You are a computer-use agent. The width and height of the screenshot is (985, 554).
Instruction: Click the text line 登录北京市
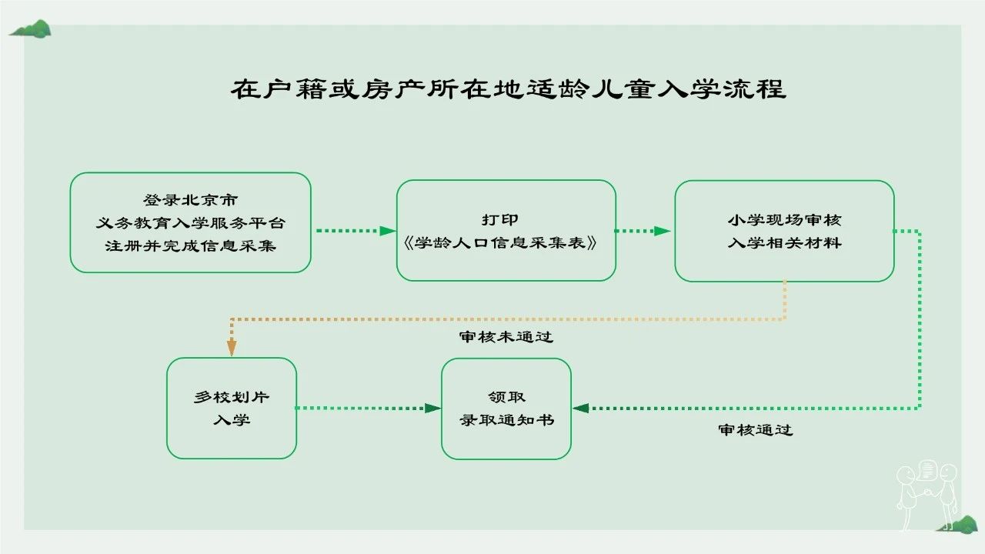[190, 201]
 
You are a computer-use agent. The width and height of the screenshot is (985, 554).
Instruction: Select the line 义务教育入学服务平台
[190, 223]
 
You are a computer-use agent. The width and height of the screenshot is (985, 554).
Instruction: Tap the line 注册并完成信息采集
[190, 245]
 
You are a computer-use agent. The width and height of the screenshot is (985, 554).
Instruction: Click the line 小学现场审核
[784, 220]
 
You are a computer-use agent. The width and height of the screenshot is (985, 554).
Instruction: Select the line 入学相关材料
[784, 243]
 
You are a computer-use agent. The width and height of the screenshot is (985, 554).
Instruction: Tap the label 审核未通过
[506, 337]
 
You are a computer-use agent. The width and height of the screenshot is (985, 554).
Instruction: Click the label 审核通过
[756, 430]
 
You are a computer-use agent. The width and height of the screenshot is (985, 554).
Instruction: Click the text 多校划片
[232, 398]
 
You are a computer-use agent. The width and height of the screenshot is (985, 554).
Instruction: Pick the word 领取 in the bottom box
[506, 398]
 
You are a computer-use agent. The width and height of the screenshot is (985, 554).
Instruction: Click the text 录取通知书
[506, 421]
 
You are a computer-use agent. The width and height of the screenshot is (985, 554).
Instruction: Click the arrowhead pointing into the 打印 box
[389, 230]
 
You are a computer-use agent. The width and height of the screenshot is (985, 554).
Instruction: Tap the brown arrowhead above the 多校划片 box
[232, 348]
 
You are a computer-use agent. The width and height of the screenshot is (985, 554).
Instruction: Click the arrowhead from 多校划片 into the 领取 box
[432, 408]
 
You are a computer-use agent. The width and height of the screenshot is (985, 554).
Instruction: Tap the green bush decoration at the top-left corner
[31, 29]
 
